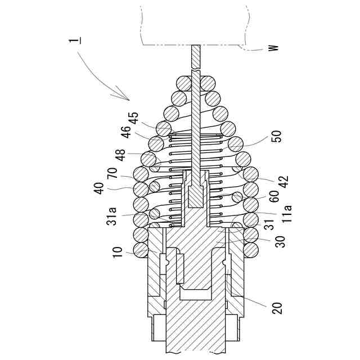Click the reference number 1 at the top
pos(73,40)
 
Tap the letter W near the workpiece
pos(273,48)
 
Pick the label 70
pos(112,172)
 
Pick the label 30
pos(280,240)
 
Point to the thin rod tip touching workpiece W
pos(195,49)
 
